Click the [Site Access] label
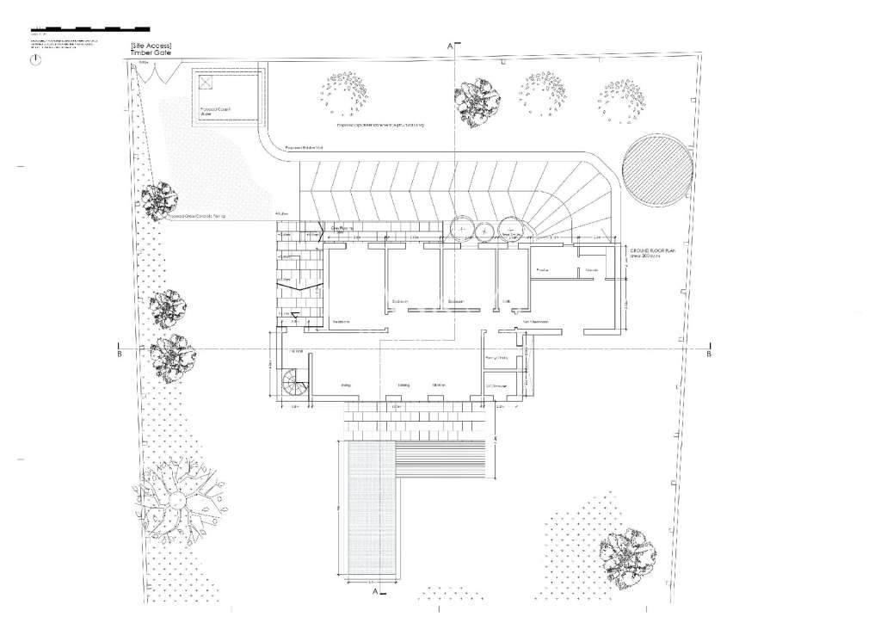(151, 44)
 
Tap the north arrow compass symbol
(35, 61)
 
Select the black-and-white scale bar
(89, 29)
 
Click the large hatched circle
(659, 169)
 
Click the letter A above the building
(448, 45)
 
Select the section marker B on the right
(708, 353)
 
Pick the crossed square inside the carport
(206, 83)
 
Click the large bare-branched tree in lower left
(175, 500)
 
